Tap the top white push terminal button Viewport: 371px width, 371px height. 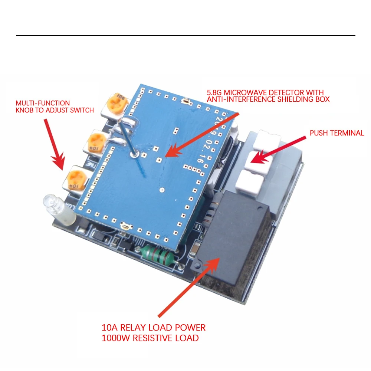(x=269, y=139)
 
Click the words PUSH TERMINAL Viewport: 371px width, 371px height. (x=336, y=133)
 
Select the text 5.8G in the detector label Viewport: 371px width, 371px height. (x=215, y=92)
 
